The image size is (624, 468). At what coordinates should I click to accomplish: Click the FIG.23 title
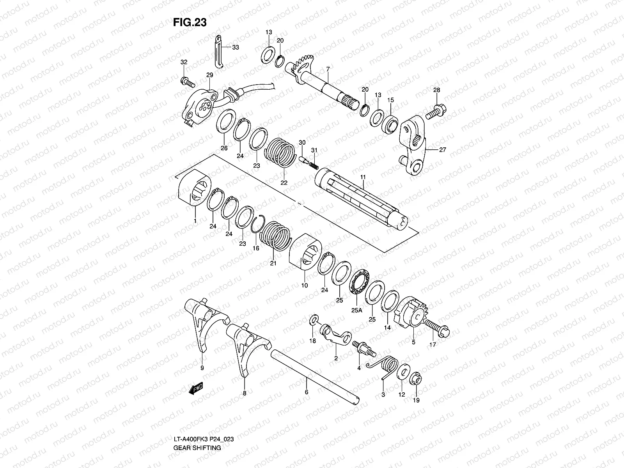[190, 23]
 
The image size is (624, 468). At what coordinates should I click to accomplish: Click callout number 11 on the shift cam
[363, 177]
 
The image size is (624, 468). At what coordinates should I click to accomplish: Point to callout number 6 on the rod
[307, 392]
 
